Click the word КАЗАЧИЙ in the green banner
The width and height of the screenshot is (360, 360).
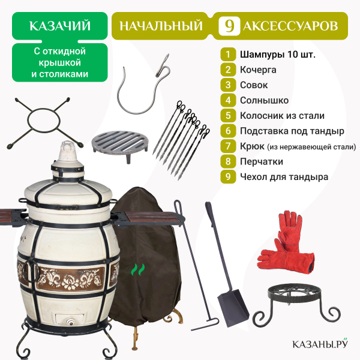tap(60, 26)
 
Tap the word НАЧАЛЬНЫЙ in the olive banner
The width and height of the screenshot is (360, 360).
tap(161, 26)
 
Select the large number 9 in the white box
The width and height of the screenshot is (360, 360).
tap(229, 26)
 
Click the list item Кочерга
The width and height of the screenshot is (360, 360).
tap(258, 70)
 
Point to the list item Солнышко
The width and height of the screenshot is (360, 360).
tap(264, 100)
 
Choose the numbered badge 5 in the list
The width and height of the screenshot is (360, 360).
tap(228, 115)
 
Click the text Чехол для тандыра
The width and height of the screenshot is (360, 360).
tap(284, 177)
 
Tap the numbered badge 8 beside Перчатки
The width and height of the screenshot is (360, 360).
tap(228, 161)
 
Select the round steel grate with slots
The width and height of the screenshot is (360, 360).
tap(119, 144)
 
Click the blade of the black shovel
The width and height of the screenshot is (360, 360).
tap(233, 307)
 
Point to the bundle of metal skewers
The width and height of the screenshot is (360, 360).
tap(181, 140)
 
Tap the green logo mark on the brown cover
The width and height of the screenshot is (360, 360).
tap(138, 269)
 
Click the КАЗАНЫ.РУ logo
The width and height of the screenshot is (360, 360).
tap(320, 343)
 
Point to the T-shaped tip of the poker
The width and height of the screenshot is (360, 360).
tap(205, 324)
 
